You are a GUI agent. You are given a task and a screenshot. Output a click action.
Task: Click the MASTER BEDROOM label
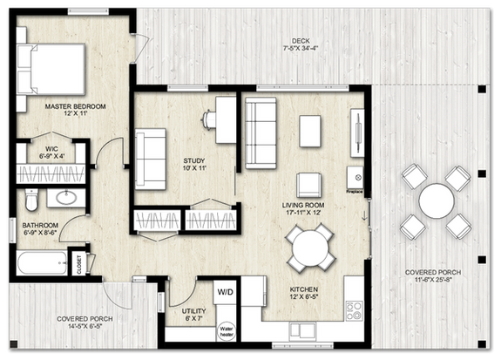[x=76, y=106]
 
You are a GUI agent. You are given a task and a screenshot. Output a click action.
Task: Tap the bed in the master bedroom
[x=54, y=68]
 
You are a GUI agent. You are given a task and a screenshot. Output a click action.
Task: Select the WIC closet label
[x=51, y=148]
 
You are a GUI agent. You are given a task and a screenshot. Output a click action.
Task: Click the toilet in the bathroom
[x=30, y=201]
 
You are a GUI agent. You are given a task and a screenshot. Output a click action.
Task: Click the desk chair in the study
[x=210, y=119]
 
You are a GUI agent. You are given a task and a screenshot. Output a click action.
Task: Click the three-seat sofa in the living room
[x=260, y=132]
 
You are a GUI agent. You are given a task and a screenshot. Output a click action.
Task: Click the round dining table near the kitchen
[x=311, y=248]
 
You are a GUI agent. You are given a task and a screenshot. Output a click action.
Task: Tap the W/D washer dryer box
[x=224, y=290]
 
